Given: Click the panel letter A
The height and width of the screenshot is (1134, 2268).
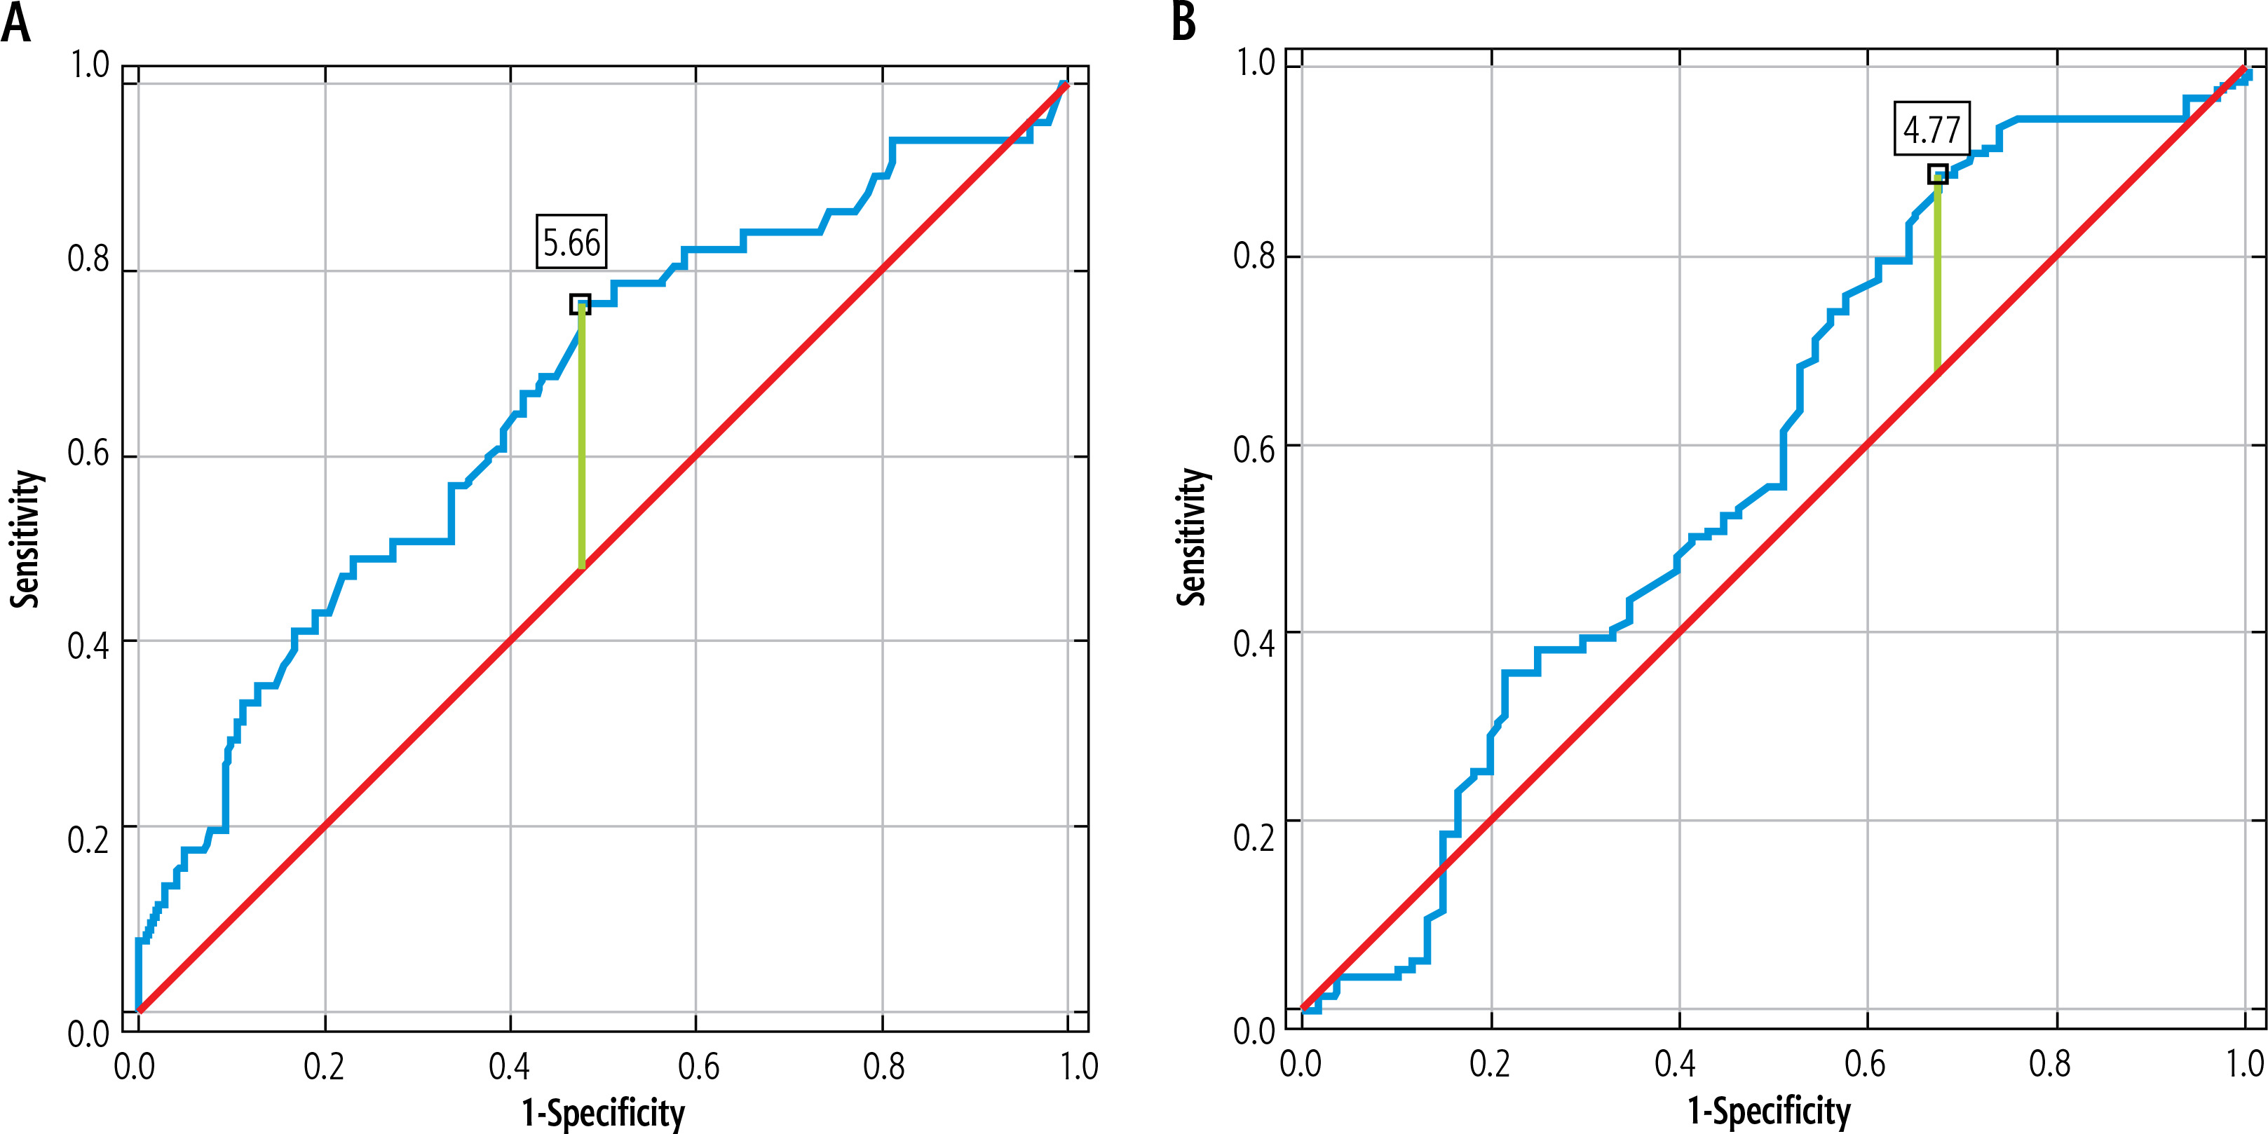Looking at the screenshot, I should click(x=16, y=23).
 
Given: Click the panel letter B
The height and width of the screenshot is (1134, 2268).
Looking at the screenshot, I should click(x=1184, y=21).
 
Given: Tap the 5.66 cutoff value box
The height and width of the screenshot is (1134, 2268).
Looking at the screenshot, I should click(x=571, y=242).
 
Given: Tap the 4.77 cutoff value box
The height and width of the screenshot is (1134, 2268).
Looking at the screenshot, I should click(x=1931, y=130).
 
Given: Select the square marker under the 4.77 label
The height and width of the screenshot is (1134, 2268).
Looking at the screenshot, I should click(x=1937, y=175).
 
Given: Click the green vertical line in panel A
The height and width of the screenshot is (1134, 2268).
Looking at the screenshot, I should click(x=581, y=440).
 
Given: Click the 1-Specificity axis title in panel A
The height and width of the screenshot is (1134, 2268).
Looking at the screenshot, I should click(x=603, y=1113).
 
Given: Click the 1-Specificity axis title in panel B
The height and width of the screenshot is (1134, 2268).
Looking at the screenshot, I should click(x=1769, y=1111).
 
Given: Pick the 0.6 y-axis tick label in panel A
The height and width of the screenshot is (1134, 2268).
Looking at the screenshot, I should click(x=88, y=453).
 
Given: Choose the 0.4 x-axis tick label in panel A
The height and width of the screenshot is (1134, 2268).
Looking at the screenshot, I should click(x=510, y=1066).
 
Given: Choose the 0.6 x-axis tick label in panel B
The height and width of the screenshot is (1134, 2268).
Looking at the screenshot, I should click(x=1865, y=1064).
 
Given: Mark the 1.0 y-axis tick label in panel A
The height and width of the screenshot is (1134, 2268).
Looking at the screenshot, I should click(x=89, y=65).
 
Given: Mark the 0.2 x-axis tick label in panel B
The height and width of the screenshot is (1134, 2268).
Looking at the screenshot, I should click(x=1490, y=1064).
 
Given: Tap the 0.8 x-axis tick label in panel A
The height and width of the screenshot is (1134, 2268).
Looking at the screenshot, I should click(x=883, y=1066).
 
